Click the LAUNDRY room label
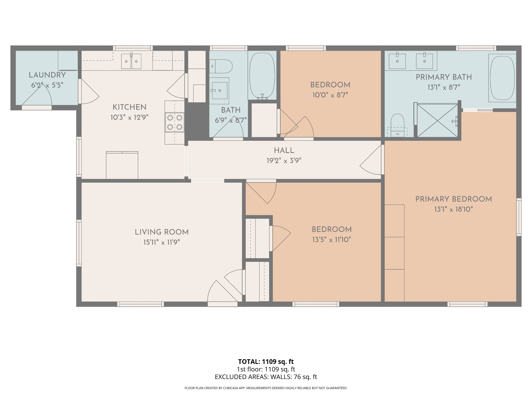coord(47,75)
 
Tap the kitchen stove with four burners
coord(175,122)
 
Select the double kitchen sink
coord(131,61)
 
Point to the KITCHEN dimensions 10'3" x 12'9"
coord(129,117)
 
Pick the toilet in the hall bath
coord(221,66)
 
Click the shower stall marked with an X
coord(437,120)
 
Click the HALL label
coord(284,150)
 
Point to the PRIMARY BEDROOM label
coord(454,199)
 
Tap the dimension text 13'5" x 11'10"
coord(331,240)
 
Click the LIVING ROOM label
coord(162,232)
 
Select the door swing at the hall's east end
coord(371,161)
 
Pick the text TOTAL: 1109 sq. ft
coord(266,361)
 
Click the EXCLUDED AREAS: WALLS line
coord(266,377)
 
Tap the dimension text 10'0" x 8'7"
coord(330,95)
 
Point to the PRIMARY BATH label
coord(444,77)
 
